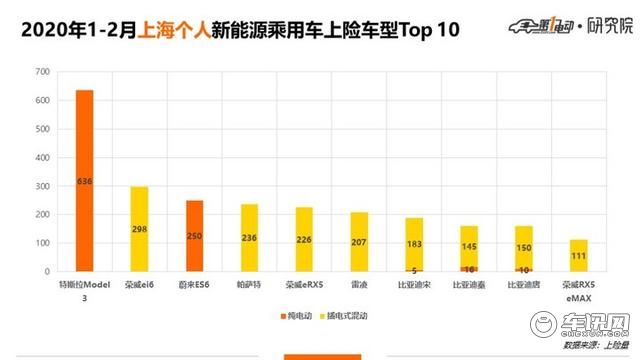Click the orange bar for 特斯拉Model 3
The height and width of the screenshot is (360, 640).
(84, 181)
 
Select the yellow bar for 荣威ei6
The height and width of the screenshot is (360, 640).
(139, 229)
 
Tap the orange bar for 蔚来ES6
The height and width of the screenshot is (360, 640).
(193, 236)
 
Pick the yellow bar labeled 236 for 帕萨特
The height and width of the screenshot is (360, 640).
(248, 238)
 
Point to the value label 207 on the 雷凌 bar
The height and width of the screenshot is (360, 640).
(357, 243)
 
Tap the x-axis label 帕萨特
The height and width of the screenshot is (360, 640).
(248, 285)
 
